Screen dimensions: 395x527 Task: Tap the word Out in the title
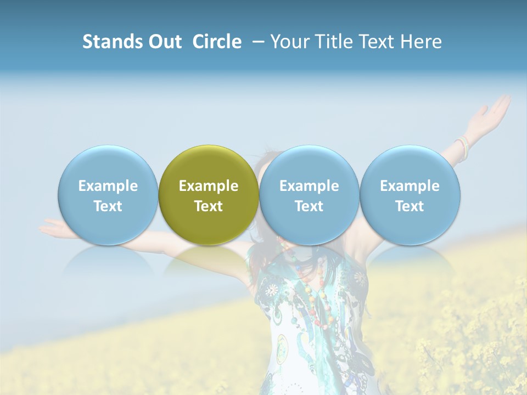click(163, 42)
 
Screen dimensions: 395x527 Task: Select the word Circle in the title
click(217, 42)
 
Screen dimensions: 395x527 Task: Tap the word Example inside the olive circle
click(209, 186)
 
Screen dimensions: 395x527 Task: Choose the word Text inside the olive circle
click(209, 206)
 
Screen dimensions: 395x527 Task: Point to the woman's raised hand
click(492, 112)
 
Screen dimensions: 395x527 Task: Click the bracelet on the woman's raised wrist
click(464, 147)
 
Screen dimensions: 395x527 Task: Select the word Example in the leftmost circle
click(108, 186)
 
